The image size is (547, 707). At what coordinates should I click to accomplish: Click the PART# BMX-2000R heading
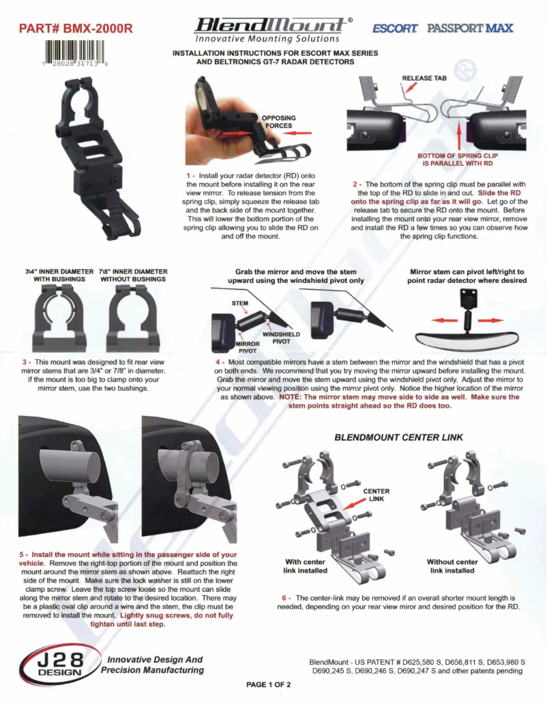76,29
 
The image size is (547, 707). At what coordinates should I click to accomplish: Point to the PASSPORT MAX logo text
470,29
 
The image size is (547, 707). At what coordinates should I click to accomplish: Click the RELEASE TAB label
424,78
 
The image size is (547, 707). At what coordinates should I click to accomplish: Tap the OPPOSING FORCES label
278,121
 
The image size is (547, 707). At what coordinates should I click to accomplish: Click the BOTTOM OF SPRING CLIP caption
458,160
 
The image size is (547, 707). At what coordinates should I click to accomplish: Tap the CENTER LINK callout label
376,495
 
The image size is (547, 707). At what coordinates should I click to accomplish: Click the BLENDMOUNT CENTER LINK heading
399,437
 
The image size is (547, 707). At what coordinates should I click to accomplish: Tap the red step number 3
25,362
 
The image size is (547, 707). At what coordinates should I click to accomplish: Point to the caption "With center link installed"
306,566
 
